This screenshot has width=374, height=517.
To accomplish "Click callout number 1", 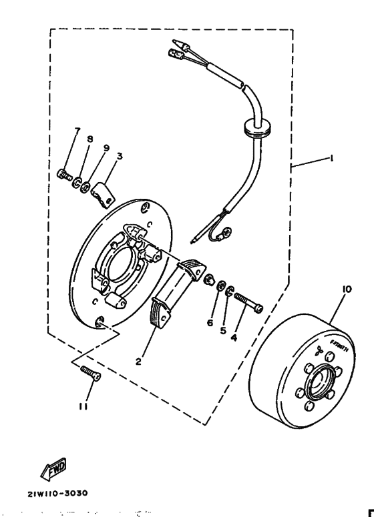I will [332, 160].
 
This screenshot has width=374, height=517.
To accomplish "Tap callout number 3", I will [119, 157].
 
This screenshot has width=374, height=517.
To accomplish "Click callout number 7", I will [77, 130].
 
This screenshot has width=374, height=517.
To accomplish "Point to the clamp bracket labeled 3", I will [102, 193].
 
